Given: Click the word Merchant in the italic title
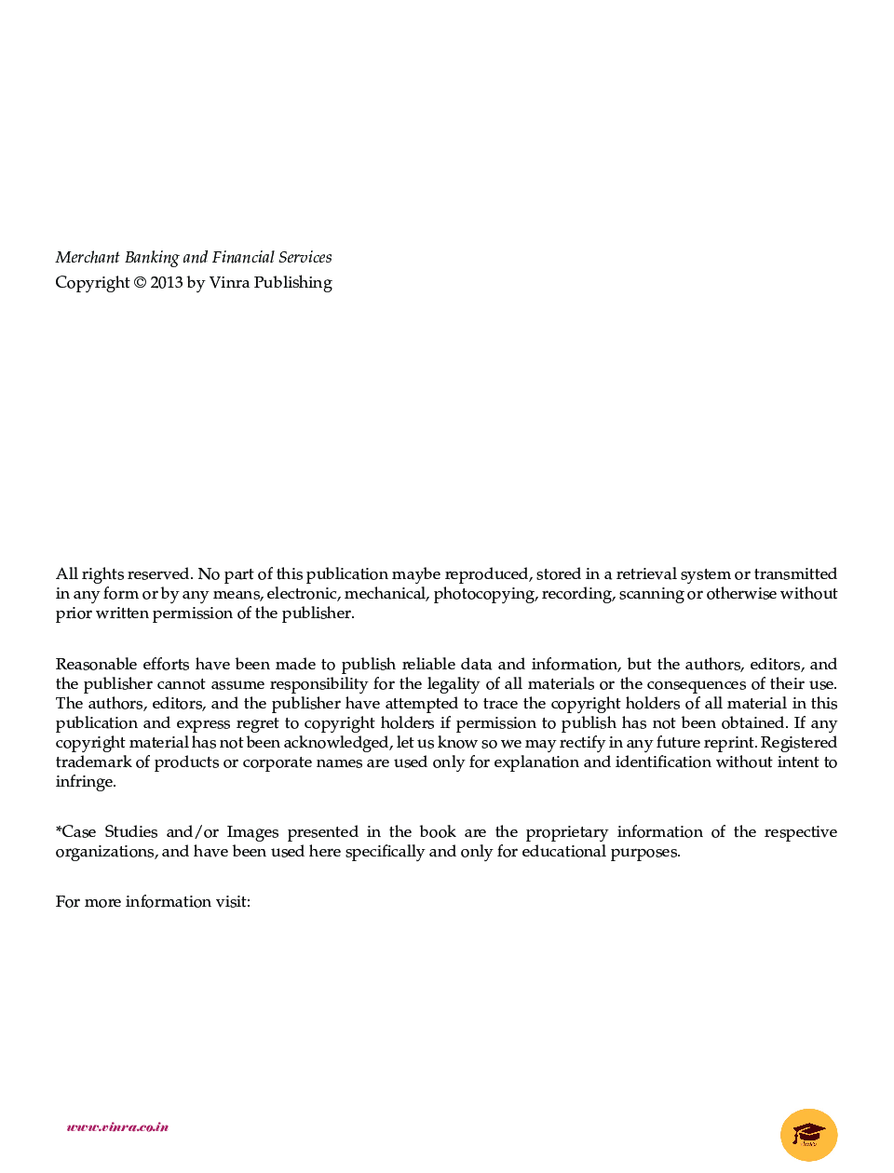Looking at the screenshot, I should coord(88,258).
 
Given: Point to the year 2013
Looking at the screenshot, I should coord(167,283).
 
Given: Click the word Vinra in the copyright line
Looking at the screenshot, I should coord(229,283).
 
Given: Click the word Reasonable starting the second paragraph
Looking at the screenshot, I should coord(96,665).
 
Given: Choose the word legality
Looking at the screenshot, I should coord(453,684).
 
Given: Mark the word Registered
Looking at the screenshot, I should coord(798,743).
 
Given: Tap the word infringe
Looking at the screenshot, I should coord(85,782).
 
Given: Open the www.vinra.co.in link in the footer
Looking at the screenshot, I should coord(117,1126).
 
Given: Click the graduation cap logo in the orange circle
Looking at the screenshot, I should coord(808,1135).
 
